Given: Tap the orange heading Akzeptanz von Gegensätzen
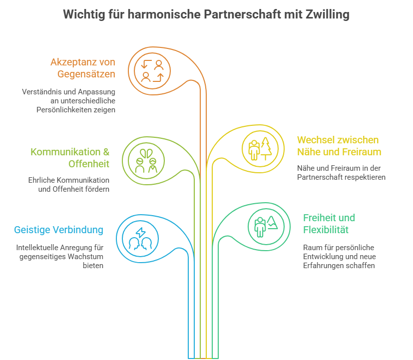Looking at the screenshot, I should [83, 68].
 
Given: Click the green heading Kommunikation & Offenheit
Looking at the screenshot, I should [70, 158].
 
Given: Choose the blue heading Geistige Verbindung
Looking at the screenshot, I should [58, 230].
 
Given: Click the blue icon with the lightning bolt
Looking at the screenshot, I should [141, 238].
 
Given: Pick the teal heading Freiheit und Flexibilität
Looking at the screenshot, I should [329, 224].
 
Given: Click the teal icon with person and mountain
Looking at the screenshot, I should [266, 227].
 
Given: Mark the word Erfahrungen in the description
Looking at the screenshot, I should [325, 266].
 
